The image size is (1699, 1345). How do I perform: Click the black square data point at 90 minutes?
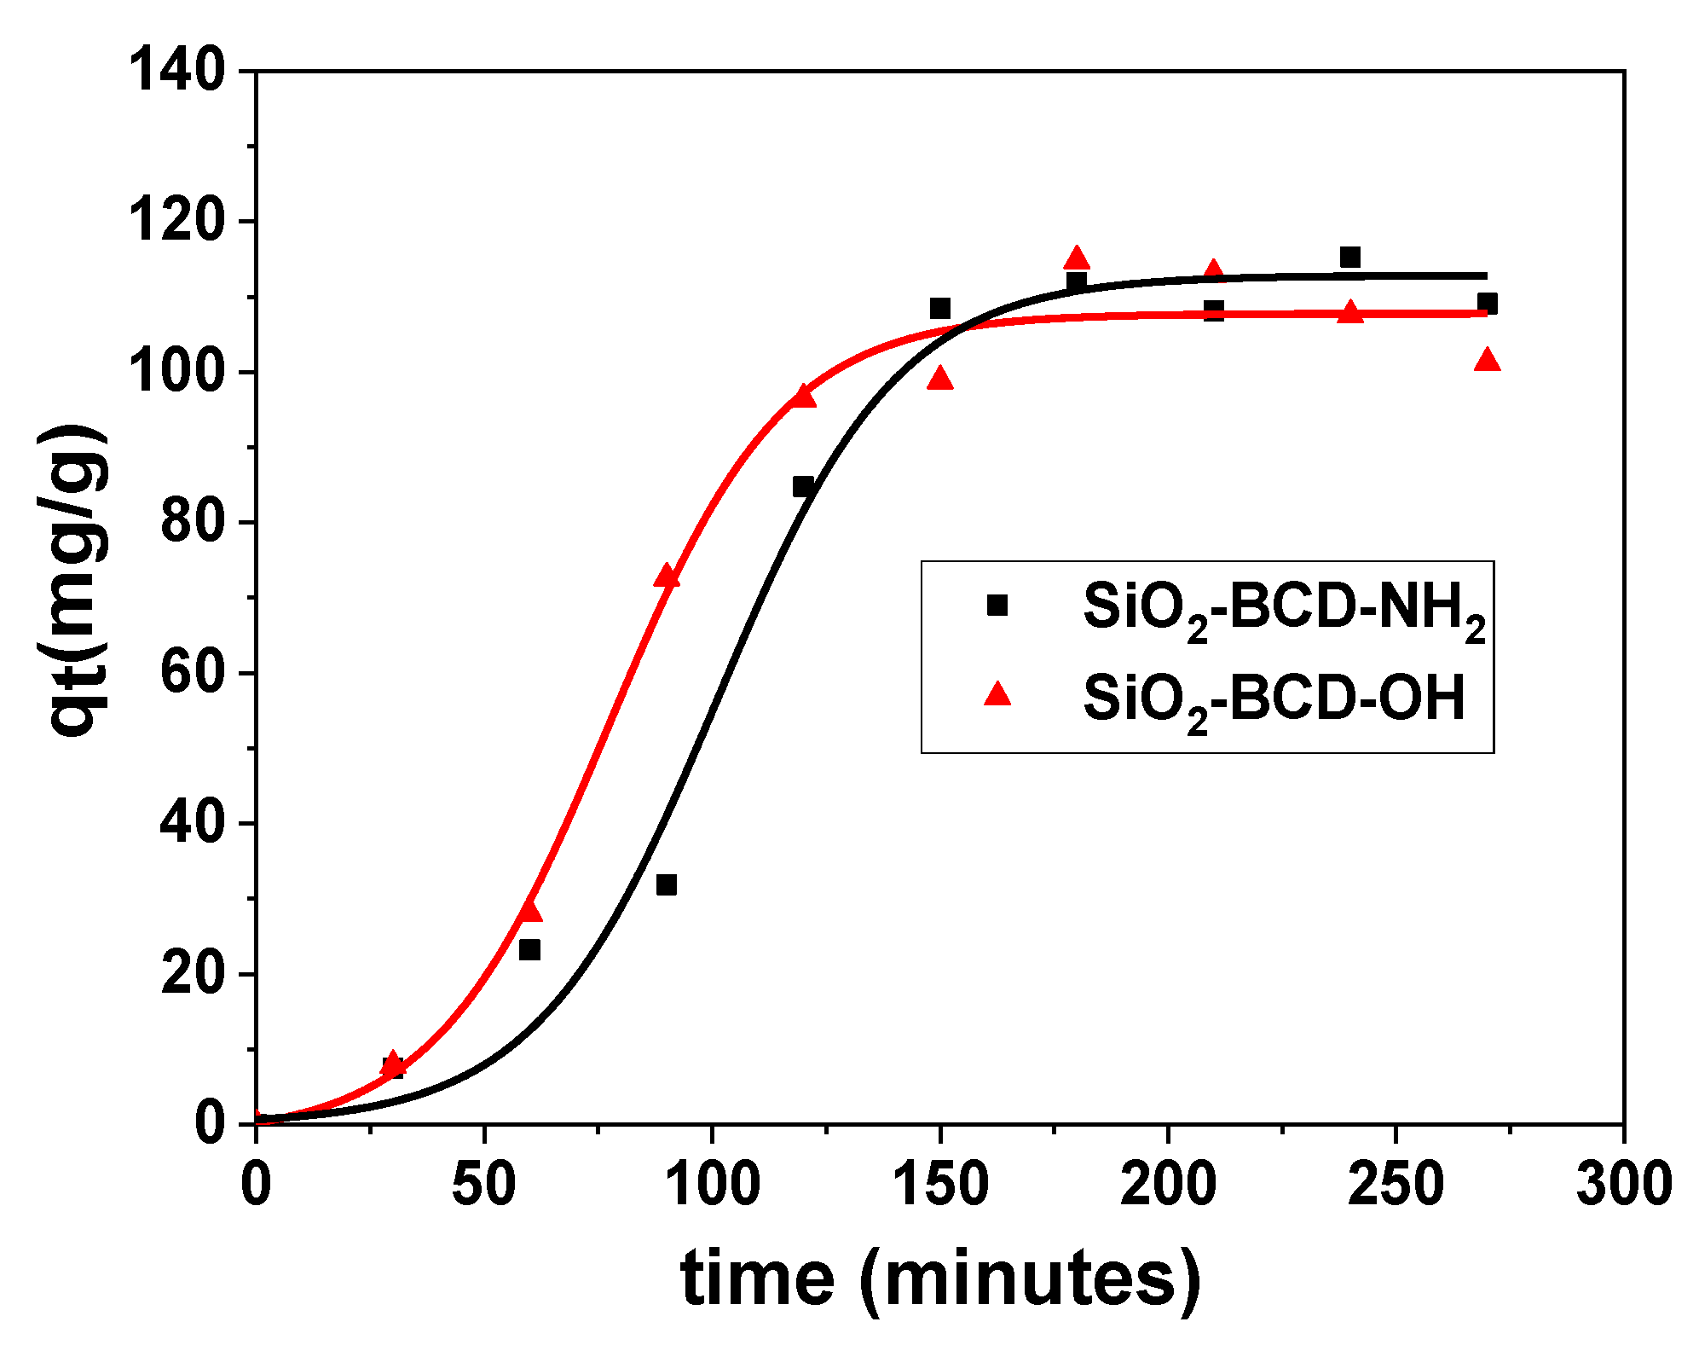coord(667,884)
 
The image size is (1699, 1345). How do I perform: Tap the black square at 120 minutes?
coord(803,487)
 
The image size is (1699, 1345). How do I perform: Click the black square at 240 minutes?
coord(1350,257)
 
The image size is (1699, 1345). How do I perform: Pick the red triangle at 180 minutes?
coord(1077,258)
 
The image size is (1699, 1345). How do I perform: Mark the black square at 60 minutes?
coord(529,949)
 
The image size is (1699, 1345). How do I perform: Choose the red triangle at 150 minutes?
coord(940,379)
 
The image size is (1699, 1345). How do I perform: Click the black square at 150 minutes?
coord(940,308)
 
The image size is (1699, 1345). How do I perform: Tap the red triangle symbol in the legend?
coord(997,694)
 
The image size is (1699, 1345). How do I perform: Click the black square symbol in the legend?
coord(997,606)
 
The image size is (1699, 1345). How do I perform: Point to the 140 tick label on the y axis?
coord(177,70)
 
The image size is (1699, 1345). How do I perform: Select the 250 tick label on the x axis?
coord(1396,1186)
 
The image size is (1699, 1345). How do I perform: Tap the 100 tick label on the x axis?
coord(712,1186)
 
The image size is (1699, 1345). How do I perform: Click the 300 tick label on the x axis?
coord(1623,1186)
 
